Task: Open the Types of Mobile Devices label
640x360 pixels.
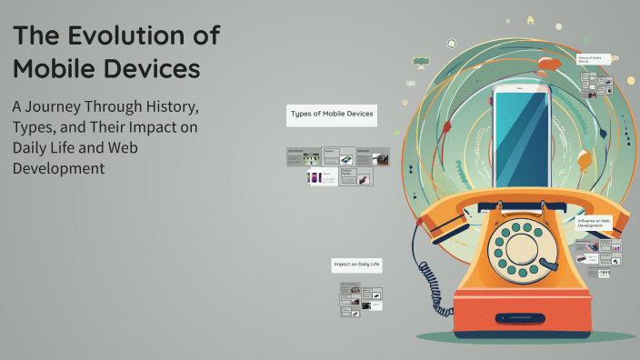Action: click(332, 115)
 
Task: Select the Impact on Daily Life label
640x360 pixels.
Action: click(355, 265)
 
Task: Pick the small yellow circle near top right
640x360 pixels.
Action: click(630, 81)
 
